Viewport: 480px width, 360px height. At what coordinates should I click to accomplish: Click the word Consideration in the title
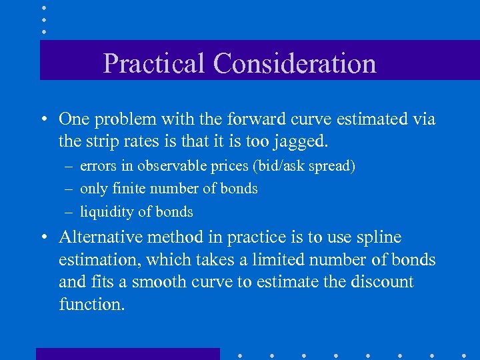click(x=295, y=64)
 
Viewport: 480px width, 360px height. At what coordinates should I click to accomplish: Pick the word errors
click(x=97, y=166)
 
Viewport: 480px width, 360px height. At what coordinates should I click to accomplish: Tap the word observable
click(x=171, y=166)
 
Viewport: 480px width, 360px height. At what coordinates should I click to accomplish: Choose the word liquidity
click(x=107, y=212)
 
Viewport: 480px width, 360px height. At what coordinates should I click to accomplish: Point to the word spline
click(x=380, y=238)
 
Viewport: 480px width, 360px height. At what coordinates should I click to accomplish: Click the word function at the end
click(x=91, y=305)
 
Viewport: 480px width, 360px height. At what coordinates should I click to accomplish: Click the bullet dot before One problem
click(x=43, y=120)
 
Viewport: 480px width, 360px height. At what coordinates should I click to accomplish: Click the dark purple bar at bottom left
click(x=127, y=353)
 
